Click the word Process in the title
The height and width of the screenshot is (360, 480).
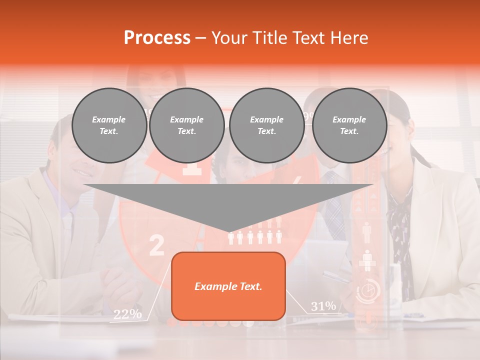[157, 37]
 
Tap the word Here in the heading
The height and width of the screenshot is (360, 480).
[348, 37]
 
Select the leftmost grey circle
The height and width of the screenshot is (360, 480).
[109, 125]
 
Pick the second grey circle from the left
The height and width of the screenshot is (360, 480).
[187, 125]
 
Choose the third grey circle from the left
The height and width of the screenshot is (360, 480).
[267, 125]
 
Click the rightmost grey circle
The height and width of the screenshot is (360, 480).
[349, 125]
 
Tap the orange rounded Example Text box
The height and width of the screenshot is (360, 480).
[228, 286]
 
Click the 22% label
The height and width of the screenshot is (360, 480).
[127, 314]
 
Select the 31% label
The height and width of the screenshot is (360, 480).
[323, 306]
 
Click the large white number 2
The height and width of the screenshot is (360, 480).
[156, 245]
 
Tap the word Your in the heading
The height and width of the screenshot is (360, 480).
[229, 37]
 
